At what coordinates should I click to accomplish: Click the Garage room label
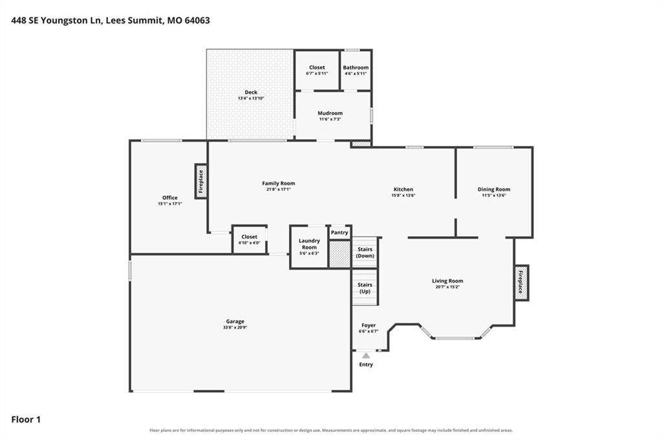click(x=235, y=321)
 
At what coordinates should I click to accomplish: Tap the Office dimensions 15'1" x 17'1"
click(x=170, y=204)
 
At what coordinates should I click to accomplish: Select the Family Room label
click(x=278, y=184)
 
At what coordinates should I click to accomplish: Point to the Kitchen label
click(x=403, y=189)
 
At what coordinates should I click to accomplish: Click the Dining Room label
click(x=493, y=189)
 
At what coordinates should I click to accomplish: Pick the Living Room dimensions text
click(x=447, y=287)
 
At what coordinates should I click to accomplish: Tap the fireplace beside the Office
click(x=201, y=181)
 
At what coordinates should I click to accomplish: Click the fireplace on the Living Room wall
click(x=522, y=283)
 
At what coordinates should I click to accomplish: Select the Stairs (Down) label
click(x=365, y=253)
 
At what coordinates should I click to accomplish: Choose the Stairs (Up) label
click(x=365, y=288)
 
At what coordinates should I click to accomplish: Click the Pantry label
click(x=339, y=232)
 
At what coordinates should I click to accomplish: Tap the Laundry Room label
click(x=309, y=244)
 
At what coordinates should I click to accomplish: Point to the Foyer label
click(x=368, y=325)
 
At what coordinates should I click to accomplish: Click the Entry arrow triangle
click(x=366, y=356)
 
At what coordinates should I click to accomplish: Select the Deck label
click(x=251, y=92)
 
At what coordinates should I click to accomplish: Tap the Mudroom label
click(x=330, y=113)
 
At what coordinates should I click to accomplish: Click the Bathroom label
click(x=356, y=68)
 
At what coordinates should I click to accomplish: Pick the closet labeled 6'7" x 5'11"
click(x=317, y=70)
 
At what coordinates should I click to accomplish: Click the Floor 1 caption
click(x=26, y=420)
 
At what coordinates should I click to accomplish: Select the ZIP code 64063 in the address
click(x=197, y=20)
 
